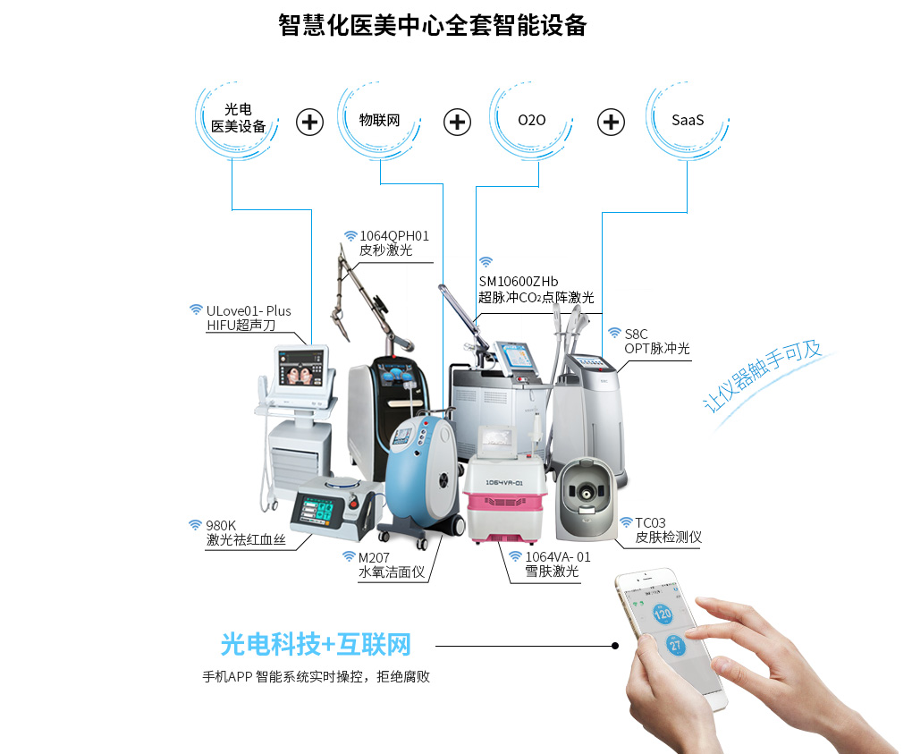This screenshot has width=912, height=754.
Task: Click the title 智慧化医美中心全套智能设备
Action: tap(433, 25)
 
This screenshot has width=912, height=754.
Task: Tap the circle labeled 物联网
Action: tap(379, 121)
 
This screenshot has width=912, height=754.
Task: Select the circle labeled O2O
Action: tap(532, 121)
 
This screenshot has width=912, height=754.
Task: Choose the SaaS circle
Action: tap(688, 121)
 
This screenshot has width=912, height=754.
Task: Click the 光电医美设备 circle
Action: tap(237, 121)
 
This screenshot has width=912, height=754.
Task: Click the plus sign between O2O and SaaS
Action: tap(611, 123)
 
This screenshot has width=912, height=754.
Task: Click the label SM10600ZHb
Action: tap(519, 282)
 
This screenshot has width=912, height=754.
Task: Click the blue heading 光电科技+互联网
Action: tap(316, 645)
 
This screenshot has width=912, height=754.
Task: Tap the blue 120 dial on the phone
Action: tap(663, 614)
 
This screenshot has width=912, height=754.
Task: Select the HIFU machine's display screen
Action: tap(301, 369)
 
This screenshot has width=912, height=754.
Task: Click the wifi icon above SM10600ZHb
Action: tap(486, 262)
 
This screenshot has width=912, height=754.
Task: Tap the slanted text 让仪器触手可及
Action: tap(762, 375)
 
